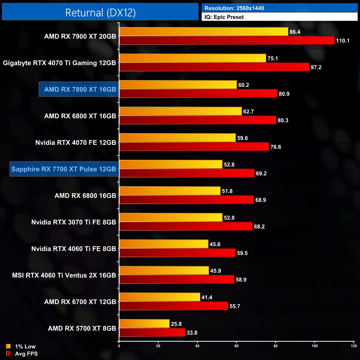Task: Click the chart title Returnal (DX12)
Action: pyautogui.click(x=100, y=13)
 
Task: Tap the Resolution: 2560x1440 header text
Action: pyautogui.click(x=234, y=8)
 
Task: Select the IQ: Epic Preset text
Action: pyautogui.click(x=224, y=17)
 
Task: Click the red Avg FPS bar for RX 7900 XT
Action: pyautogui.click(x=227, y=40)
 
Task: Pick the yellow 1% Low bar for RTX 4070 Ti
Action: pyautogui.click(x=192, y=58)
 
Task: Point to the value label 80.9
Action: pyautogui.click(x=284, y=94)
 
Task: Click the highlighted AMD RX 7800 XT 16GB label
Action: pyautogui.click(x=80, y=89)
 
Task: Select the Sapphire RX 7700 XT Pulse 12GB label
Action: pyautogui.click(x=64, y=169)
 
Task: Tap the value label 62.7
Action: pyautogui.click(x=248, y=112)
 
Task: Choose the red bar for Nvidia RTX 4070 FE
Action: pyautogui.click(x=194, y=147)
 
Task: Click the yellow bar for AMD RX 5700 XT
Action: pyautogui.click(x=144, y=324)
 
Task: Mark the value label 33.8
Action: pyautogui.click(x=192, y=333)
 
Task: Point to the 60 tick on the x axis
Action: pyautogui.click(x=236, y=346)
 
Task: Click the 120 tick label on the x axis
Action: pyautogui.click(x=354, y=346)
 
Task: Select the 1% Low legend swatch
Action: pyautogui.click(x=8, y=346)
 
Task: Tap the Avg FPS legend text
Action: pyautogui.click(x=26, y=354)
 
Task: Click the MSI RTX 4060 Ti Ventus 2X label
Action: pyautogui.click(x=64, y=275)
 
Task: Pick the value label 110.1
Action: pyautogui.click(x=343, y=41)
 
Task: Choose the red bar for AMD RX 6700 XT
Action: pyautogui.click(x=174, y=306)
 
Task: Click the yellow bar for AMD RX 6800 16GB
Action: pyautogui.click(x=170, y=191)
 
